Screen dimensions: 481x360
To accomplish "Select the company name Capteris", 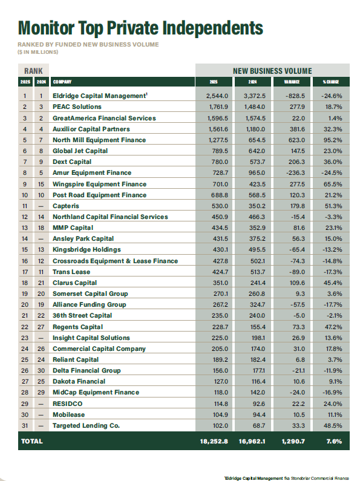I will [67, 206].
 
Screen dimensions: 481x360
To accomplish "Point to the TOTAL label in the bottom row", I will [32, 442].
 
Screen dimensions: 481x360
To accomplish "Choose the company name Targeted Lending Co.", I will [87, 425].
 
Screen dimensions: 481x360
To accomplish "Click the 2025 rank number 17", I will [25, 272].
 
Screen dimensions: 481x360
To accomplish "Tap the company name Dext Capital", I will [72, 162].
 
